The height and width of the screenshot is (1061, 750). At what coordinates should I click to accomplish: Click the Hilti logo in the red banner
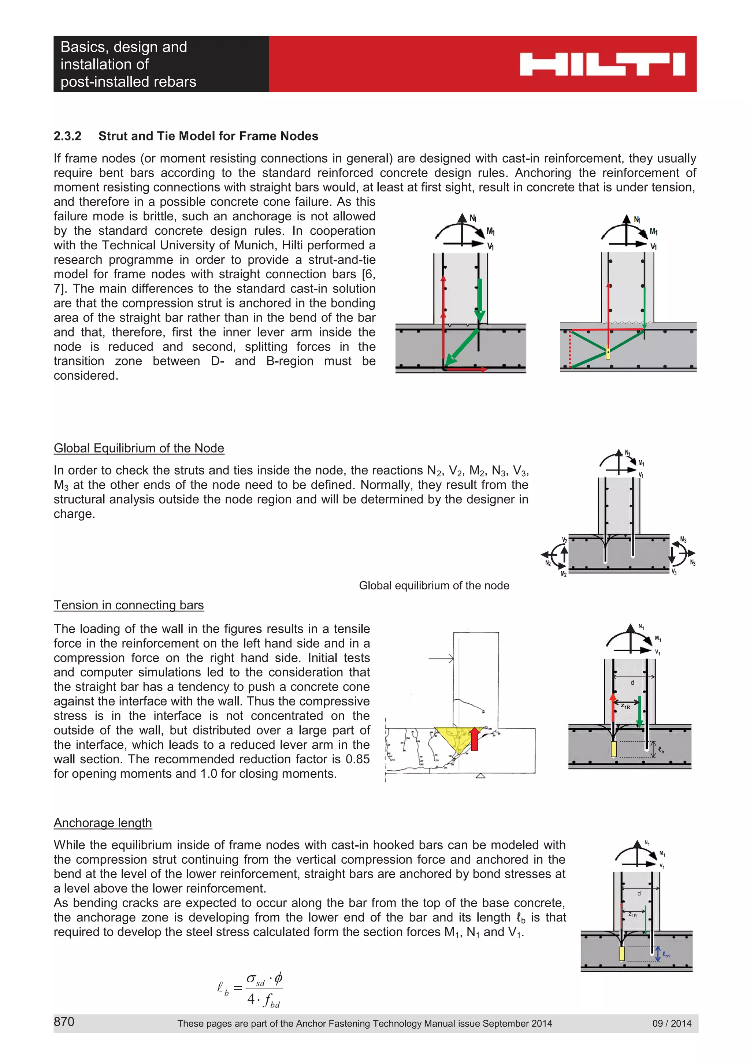pyautogui.click(x=602, y=64)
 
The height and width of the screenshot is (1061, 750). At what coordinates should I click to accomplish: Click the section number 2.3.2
pyautogui.click(x=67, y=136)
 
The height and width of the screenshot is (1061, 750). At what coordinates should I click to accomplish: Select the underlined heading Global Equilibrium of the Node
pyautogui.click(x=139, y=448)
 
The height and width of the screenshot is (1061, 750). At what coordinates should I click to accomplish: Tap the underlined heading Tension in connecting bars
pyautogui.click(x=129, y=605)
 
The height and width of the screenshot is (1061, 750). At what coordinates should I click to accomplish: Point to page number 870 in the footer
pyautogui.click(x=64, y=1022)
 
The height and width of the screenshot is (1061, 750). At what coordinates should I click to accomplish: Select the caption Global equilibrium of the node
pyautogui.click(x=434, y=585)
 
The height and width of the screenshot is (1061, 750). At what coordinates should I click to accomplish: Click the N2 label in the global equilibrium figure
pyautogui.click(x=548, y=563)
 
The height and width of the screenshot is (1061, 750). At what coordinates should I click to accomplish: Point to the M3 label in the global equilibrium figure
pyautogui.click(x=683, y=540)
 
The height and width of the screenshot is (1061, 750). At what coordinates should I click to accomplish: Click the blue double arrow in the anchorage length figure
pyautogui.click(x=658, y=953)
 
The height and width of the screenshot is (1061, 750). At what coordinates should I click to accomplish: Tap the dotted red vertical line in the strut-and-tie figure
pyautogui.click(x=570, y=349)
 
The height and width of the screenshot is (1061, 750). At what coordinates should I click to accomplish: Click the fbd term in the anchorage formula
pyautogui.click(x=272, y=1001)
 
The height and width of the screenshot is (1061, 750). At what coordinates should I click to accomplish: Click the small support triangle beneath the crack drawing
pyautogui.click(x=480, y=776)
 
